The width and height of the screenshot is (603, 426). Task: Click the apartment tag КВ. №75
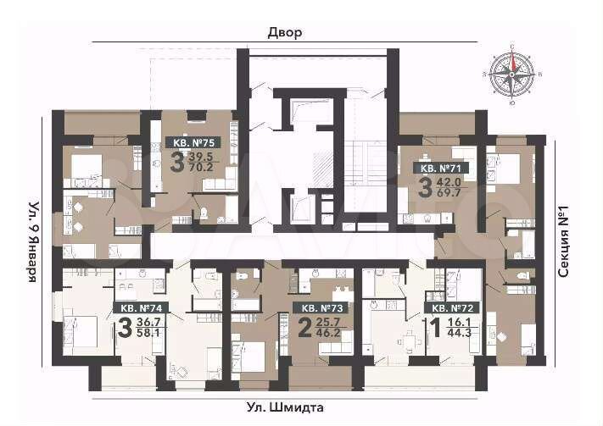192,142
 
